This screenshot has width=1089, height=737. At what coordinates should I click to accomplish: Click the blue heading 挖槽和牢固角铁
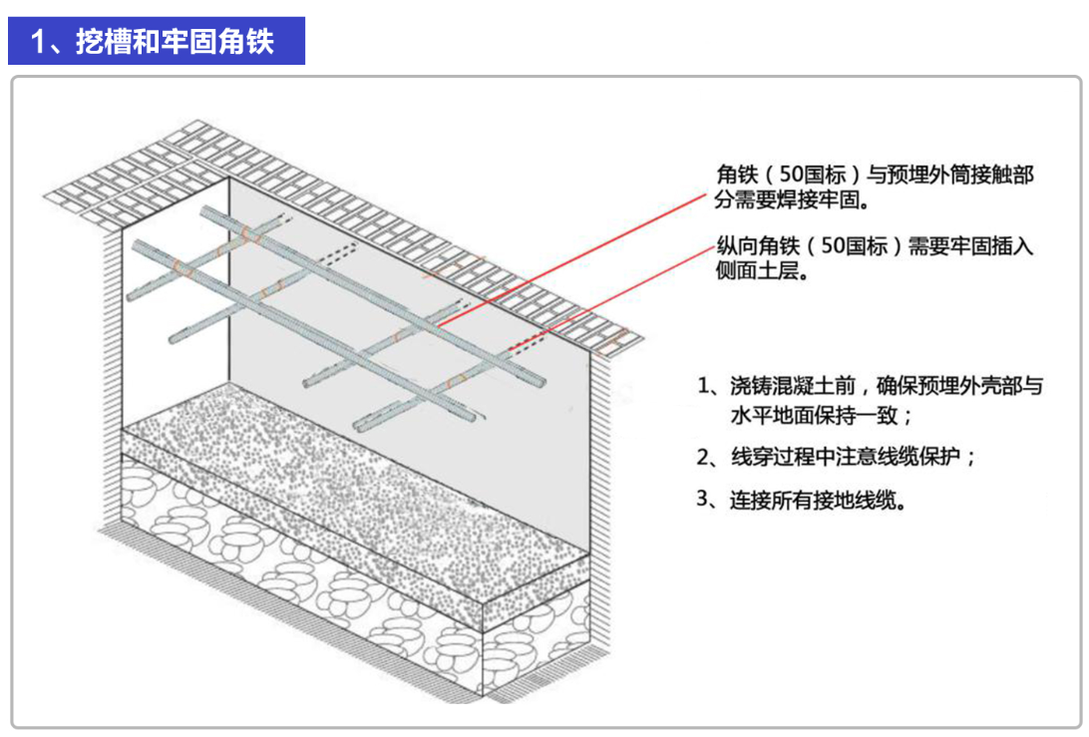click(175, 43)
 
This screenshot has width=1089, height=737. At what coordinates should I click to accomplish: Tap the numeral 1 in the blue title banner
click(39, 43)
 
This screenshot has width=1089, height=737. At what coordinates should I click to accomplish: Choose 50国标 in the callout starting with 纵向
click(853, 247)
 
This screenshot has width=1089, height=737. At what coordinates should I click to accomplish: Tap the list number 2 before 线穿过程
click(704, 458)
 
